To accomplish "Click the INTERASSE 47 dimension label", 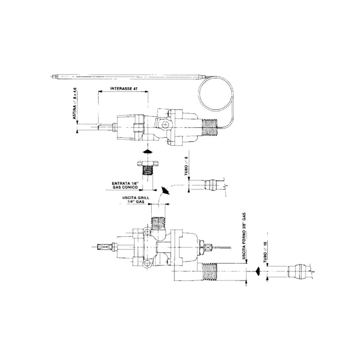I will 123,88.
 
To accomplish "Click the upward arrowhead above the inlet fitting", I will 148,151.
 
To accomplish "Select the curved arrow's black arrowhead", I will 166,191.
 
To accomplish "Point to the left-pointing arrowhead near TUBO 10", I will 257,271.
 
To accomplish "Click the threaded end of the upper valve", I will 209,127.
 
